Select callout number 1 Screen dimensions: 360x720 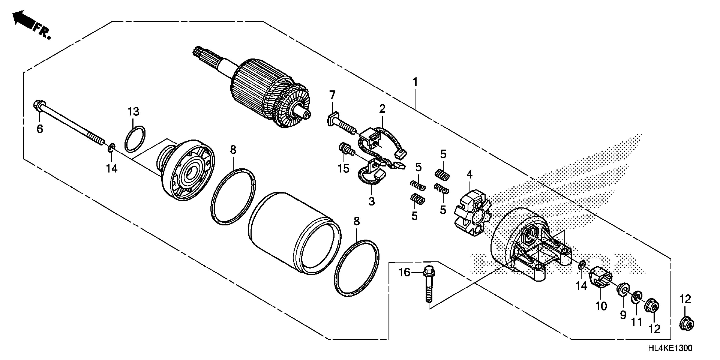(415, 82)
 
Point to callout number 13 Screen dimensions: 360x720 (133, 112)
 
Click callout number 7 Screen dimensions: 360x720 (332, 95)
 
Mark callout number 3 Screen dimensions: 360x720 (371, 201)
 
